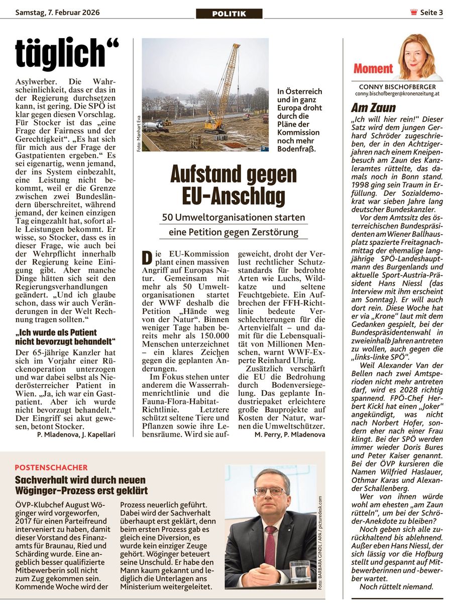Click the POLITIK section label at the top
coord(229,14)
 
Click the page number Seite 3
coord(431,13)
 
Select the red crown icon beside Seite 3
coord(413,13)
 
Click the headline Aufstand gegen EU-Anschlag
coord(234,185)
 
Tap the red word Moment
coord(373,69)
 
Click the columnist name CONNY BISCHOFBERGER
coord(397,86)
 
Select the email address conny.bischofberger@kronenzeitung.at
coord(397,94)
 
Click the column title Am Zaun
coord(373,108)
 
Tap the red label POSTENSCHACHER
coord(51,468)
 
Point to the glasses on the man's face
coord(271,490)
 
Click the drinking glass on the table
coord(299,571)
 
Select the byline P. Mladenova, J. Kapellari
coord(76,435)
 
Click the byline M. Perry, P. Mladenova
coord(289,434)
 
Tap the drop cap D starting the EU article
coord(147,257)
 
